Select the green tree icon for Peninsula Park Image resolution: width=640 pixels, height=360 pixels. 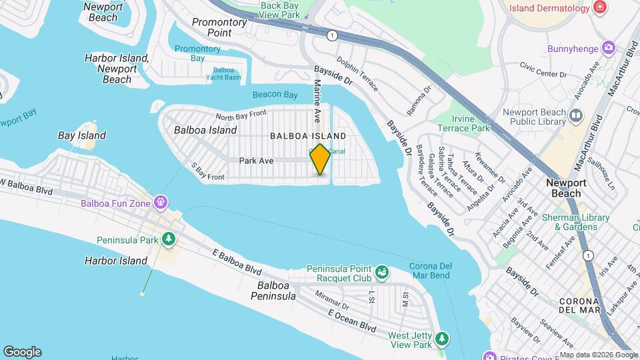[x=169, y=238]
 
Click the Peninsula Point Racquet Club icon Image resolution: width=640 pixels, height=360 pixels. [x=381, y=272]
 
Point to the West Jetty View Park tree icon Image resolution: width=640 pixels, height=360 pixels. [x=441, y=340]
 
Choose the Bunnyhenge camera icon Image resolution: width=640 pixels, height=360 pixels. [x=607, y=48]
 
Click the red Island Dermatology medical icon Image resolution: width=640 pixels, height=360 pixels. [x=601, y=8]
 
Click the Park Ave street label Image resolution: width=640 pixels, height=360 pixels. [x=257, y=161]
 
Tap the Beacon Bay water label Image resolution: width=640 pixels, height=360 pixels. [x=275, y=95]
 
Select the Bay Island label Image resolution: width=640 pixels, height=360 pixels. [x=82, y=135]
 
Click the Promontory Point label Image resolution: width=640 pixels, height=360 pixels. [x=219, y=27]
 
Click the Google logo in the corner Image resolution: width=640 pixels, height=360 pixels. [x=22, y=351]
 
